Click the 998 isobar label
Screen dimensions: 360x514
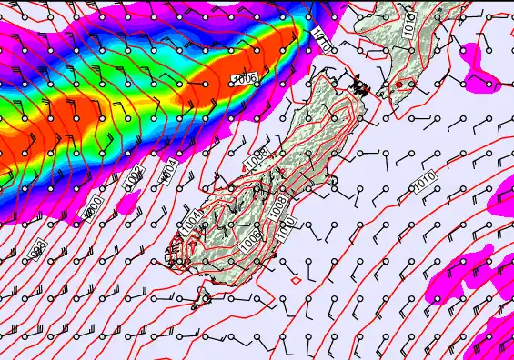coord(38,248)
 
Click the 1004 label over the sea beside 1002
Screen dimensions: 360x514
coord(168,169)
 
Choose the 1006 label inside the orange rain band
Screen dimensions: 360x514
coord(243,81)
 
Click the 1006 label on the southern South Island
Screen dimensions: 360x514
coord(252,238)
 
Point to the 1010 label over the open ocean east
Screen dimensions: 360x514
coord(424,185)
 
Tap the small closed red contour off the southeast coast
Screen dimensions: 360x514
coord(295,281)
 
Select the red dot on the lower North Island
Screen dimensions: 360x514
coord(398,85)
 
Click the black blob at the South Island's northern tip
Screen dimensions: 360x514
coord(361,87)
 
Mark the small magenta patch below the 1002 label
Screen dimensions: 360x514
coord(129,201)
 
